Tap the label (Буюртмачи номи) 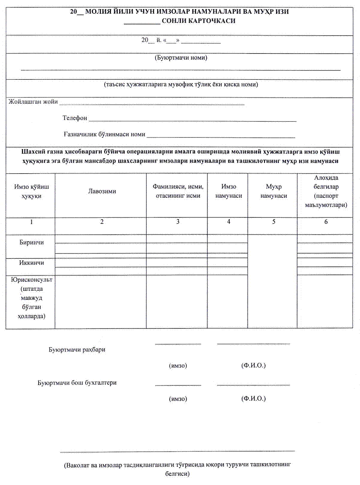[x=180, y=57]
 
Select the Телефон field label [x=75, y=118]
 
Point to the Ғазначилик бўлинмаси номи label [x=104, y=134]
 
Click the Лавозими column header [x=102, y=191]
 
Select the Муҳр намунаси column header [x=273, y=191]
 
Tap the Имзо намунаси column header [x=228, y=191]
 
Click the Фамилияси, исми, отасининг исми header [x=177, y=191]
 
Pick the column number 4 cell [x=228, y=222]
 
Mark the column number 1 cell [x=31, y=222]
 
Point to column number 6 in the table [x=326, y=222]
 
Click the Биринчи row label [x=31, y=242]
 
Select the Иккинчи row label [x=31, y=263]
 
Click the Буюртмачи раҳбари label [x=77, y=349]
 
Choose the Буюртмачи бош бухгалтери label [x=77, y=383]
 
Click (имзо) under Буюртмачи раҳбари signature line [x=178, y=366]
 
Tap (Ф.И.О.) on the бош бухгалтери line [x=254, y=399]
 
